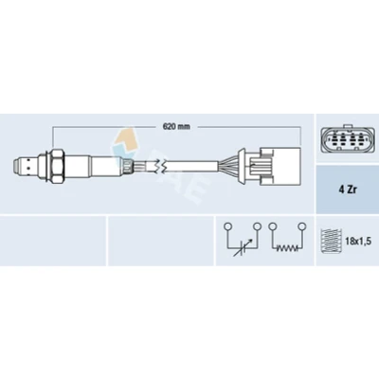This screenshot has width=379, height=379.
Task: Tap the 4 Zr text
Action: pyautogui.click(x=347, y=190)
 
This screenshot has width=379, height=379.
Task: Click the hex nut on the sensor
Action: pyautogui.click(x=58, y=166)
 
